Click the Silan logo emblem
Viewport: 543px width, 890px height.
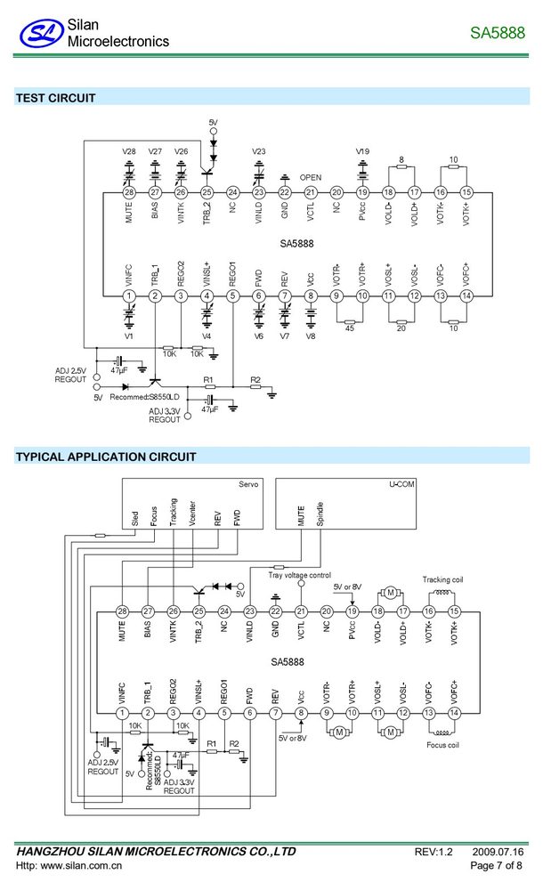41,34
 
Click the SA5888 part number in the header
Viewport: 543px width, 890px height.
498,33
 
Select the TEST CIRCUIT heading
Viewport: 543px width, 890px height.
56,98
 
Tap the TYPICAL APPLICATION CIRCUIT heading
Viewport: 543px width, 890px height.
106,457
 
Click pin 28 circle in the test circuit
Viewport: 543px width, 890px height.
129,192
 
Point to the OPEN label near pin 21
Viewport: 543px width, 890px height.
310,177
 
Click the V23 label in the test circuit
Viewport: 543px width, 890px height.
258,151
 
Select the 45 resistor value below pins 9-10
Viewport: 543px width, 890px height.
349,328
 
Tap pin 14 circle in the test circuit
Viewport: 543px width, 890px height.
466,295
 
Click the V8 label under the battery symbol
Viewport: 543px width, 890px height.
310,336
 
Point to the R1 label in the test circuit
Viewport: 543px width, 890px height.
208,380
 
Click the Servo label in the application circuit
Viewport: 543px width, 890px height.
248,484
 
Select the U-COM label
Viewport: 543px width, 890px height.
401,484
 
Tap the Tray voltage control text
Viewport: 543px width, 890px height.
299,575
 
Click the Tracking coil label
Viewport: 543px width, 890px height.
442,579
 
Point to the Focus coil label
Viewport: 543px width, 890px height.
442,745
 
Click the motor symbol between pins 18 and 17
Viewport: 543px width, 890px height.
390,593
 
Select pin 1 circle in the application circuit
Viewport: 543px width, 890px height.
122,713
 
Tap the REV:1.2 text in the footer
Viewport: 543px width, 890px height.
434,852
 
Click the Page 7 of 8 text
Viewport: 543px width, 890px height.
496,866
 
